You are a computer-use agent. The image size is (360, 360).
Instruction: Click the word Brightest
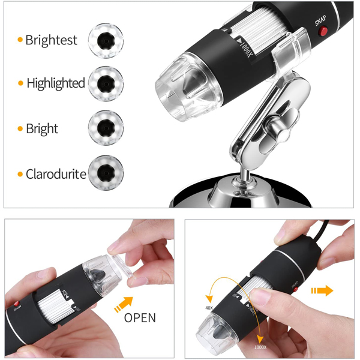(51, 41)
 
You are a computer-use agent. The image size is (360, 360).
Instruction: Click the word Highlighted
(55, 83)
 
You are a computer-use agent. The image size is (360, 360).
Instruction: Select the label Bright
(41, 129)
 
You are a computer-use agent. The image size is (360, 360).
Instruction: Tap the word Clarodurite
(56, 175)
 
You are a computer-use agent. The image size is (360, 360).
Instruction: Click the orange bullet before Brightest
(20, 41)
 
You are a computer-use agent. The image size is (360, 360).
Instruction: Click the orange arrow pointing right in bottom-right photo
(322, 291)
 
